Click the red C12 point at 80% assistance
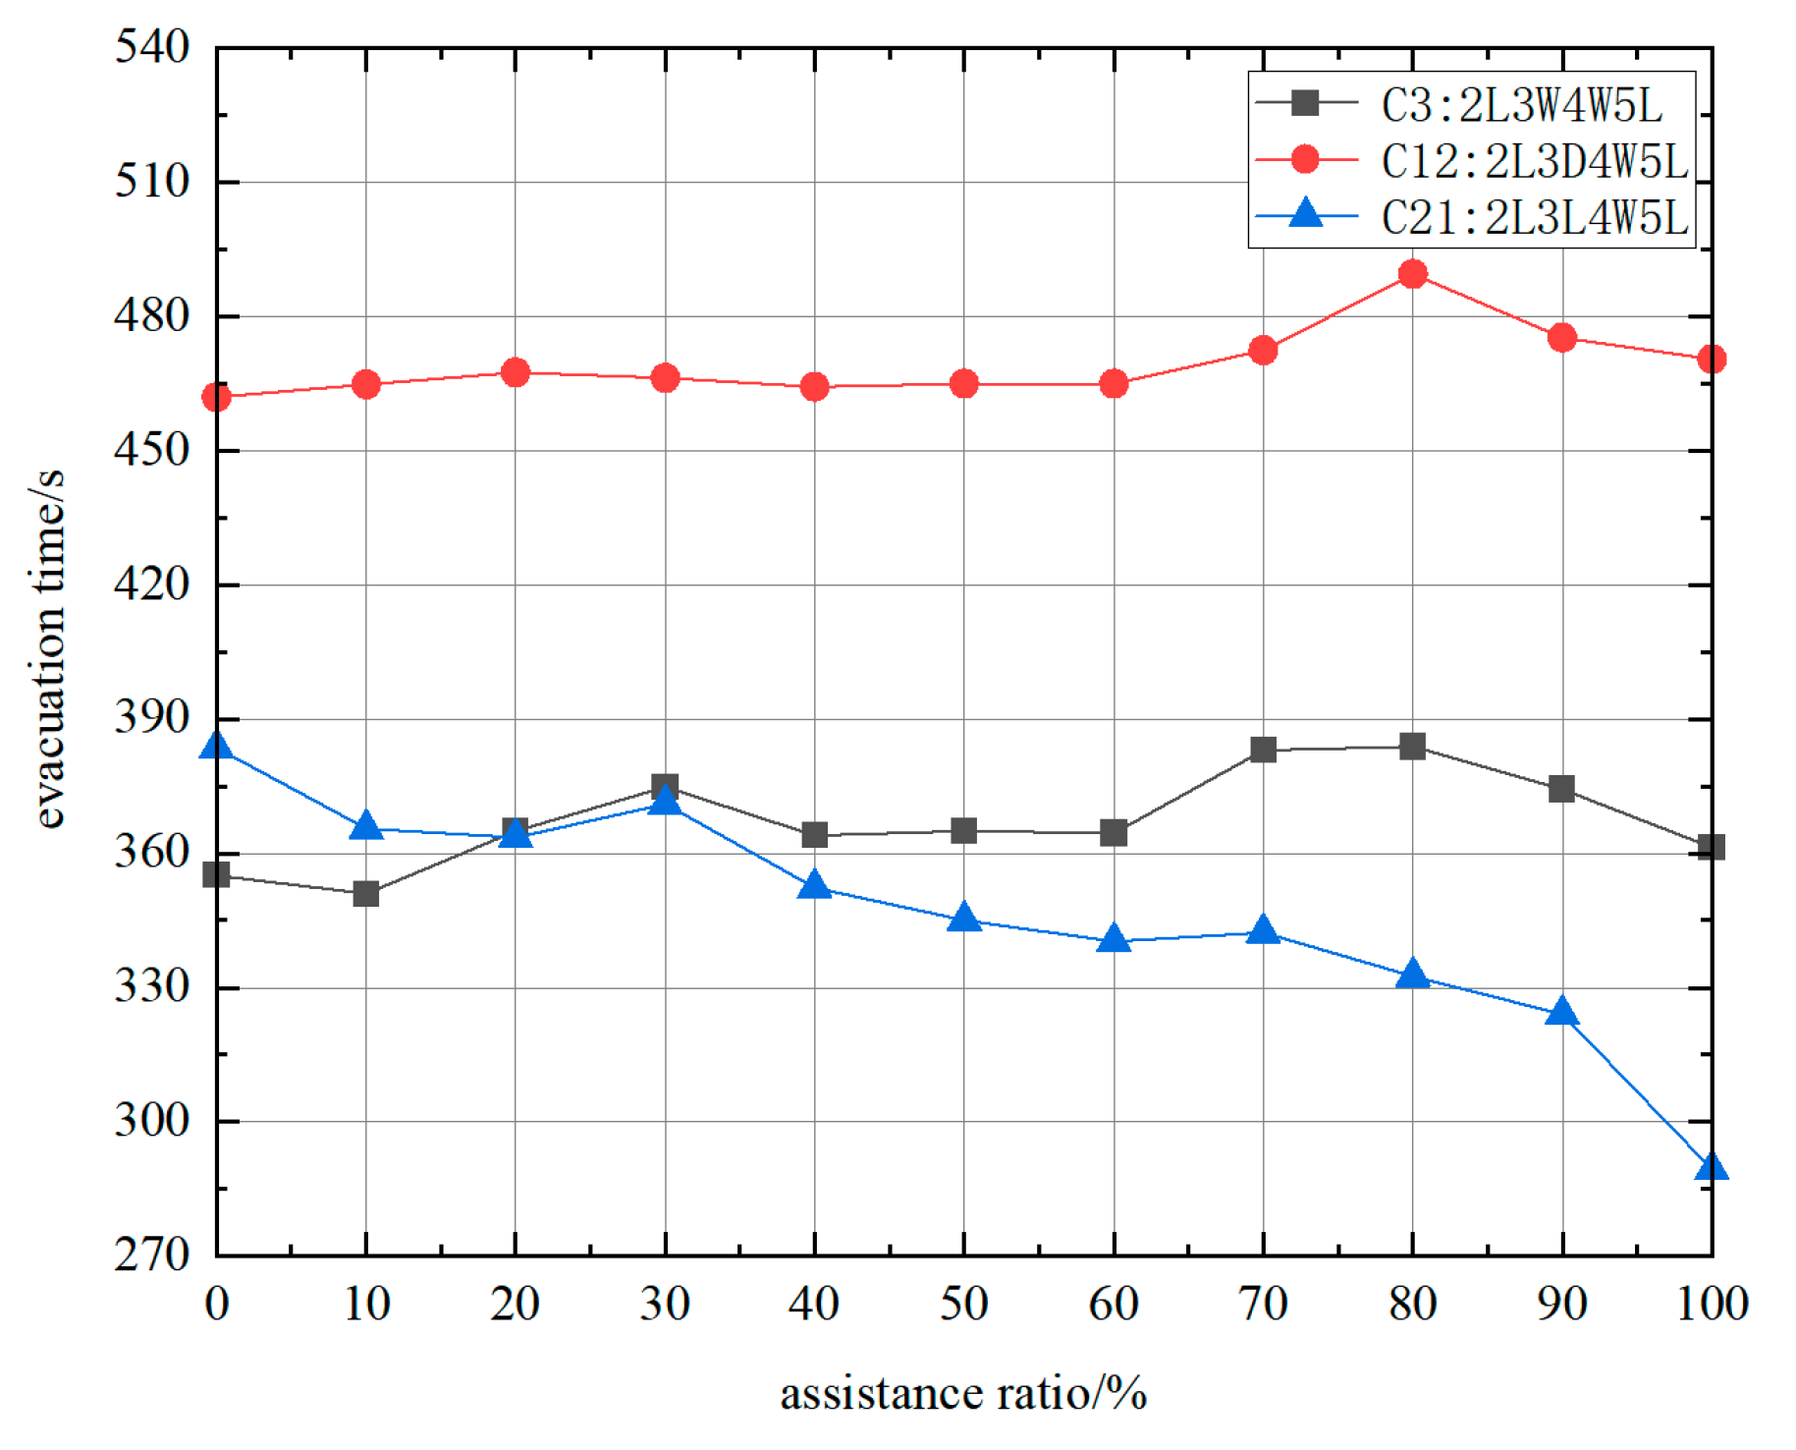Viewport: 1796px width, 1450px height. coord(1412,274)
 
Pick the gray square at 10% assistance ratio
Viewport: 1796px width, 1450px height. coord(366,894)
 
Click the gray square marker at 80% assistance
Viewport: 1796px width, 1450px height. coord(1412,747)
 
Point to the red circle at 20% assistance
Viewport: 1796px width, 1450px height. coord(516,372)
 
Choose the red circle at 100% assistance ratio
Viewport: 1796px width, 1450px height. coord(1711,360)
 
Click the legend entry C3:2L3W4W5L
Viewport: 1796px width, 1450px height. coord(1521,105)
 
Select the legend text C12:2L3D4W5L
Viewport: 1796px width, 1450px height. coord(1534,161)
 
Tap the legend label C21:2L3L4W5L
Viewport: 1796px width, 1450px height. coord(1534,217)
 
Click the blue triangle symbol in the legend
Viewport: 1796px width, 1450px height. coord(1305,214)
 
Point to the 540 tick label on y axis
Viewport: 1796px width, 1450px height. coord(152,46)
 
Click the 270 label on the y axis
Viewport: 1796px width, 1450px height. coord(152,1255)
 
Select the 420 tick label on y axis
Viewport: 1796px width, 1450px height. coord(152,584)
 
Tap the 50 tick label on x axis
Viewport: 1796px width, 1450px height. coord(963,1305)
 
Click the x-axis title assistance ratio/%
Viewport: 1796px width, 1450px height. coord(963,1394)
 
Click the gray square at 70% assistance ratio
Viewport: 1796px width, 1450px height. coord(1263,751)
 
